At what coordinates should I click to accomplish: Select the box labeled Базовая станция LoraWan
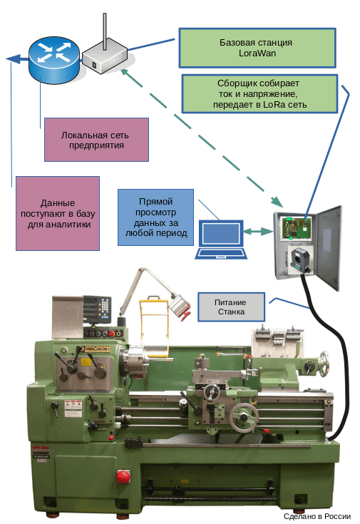coord(257,48)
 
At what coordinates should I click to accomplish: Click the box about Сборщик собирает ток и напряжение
coord(259,93)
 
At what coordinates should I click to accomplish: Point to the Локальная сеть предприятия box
coord(96,138)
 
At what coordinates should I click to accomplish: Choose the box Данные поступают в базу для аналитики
coord(58,212)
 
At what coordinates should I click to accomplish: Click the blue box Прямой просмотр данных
coord(155,217)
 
